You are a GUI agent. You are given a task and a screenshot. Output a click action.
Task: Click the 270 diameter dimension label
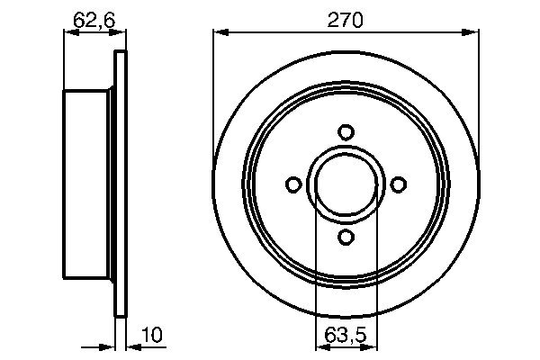(x=345, y=20)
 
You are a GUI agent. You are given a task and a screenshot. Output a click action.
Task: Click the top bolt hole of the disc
(x=345, y=132)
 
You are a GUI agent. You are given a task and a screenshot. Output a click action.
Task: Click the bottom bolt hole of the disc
(x=345, y=237)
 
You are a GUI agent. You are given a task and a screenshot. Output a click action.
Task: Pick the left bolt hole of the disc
(x=292, y=184)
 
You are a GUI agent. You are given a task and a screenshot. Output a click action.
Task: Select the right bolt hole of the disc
(x=397, y=184)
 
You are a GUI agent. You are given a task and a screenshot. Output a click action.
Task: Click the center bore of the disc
(x=345, y=184)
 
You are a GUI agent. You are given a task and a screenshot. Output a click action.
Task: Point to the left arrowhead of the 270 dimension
(x=219, y=33)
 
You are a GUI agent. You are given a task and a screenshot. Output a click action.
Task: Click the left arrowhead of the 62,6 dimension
(x=68, y=33)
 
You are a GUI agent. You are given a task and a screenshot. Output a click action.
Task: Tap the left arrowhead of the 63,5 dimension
(x=319, y=346)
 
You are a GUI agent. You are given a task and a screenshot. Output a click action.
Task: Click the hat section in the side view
(x=88, y=184)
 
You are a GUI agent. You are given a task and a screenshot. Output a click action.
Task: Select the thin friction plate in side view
(x=121, y=184)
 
